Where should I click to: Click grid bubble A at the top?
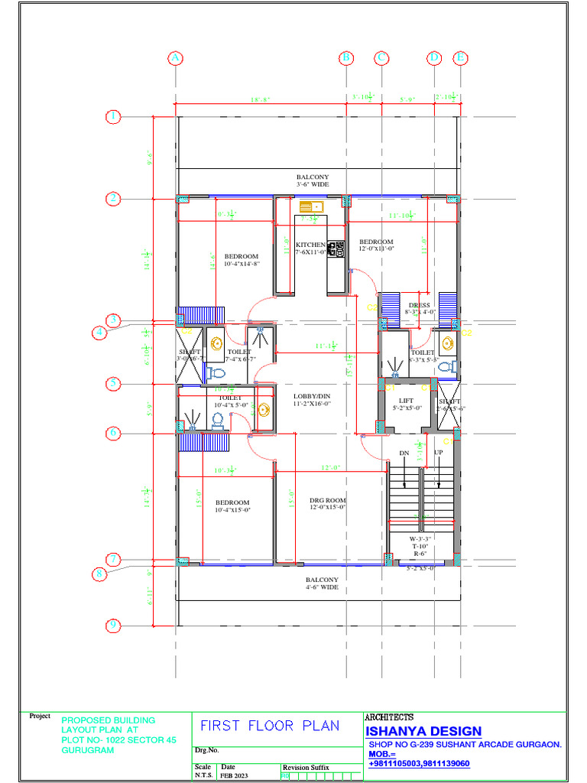point(176,58)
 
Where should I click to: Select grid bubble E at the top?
point(460,58)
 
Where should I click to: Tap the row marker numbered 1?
point(113,117)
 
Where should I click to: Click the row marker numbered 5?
point(113,383)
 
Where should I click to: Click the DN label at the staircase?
point(404,453)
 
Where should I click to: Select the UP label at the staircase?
point(438,453)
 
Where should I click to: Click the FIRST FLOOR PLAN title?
point(270,726)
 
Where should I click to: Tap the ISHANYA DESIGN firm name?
point(423,732)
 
